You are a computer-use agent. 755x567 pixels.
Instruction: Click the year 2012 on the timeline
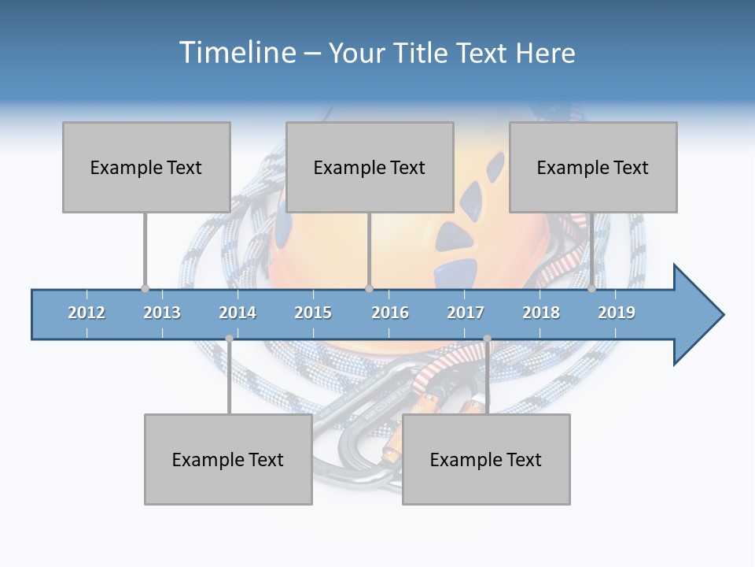coord(87,313)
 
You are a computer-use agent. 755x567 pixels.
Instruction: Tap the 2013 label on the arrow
coord(162,313)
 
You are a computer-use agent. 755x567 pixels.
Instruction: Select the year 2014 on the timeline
coord(238,313)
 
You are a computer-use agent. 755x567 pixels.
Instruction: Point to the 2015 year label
coord(313,313)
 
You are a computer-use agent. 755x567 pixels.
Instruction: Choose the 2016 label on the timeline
coord(390,313)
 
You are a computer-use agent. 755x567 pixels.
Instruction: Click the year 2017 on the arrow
coord(466,313)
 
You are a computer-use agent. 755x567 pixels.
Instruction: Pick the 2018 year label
coord(541,313)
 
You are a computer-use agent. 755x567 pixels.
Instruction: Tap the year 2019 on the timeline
coord(617,313)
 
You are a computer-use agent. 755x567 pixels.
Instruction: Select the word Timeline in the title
coord(237,53)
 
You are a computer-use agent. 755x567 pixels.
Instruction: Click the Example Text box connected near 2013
coord(146,167)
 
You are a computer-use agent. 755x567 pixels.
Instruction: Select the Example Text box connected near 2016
coord(370,167)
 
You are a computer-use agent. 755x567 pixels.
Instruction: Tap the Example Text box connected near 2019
coord(593,167)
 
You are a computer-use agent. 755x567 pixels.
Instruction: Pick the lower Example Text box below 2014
coord(228,459)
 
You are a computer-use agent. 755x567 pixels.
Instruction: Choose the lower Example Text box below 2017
coord(486,459)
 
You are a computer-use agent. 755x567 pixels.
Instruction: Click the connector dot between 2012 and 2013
coord(145,288)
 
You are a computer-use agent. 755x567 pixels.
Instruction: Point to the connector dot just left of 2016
coord(369,288)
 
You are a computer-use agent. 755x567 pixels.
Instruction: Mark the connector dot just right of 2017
coord(487,339)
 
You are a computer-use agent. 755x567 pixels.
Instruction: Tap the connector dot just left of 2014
coord(229,339)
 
